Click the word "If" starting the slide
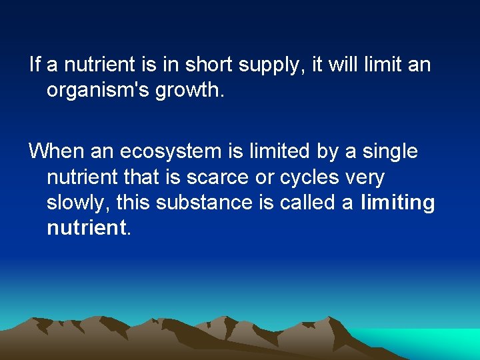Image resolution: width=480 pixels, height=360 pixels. [x=35, y=65]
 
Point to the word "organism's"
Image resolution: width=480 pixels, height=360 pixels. [x=99, y=91]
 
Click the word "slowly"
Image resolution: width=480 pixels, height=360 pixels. [x=73, y=203]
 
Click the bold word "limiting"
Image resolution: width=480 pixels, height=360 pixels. [x=397, y=203]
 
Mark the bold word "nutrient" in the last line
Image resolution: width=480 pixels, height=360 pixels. [x=86, y=228]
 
